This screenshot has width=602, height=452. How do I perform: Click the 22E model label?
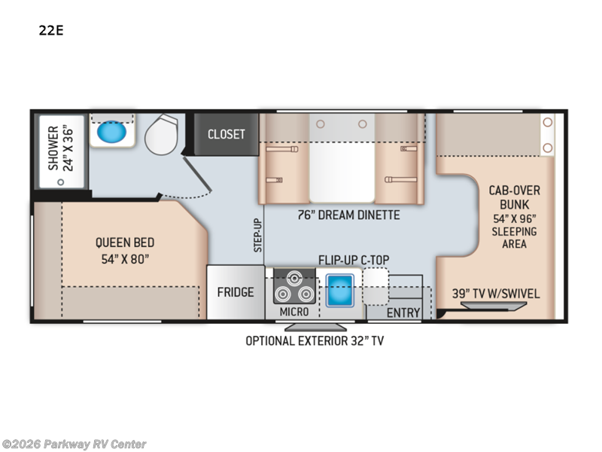point(51,30)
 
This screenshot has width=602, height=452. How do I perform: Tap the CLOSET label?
point(227,134)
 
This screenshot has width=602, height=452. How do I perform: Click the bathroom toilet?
point(161,134)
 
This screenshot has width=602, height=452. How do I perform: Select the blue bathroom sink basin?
point(111,132)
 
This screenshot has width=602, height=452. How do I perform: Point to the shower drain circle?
point(61,182)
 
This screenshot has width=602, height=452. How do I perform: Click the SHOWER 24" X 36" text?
point(60,148)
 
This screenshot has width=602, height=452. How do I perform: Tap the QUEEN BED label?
point(125,243)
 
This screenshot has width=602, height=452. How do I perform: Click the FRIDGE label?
point(236,292)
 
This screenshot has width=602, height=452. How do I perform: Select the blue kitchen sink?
point(340,290)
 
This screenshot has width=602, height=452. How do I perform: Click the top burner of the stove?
point(294,278)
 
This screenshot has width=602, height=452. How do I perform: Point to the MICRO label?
point(293,312)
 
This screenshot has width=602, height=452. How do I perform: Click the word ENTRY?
point(403,313)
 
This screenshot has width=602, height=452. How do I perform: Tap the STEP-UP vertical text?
point(257,235)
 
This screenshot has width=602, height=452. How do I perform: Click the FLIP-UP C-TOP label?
point(354,260)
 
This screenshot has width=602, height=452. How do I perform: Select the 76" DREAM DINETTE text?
point(348,215)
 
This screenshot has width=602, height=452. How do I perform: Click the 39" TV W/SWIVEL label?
point(496,294)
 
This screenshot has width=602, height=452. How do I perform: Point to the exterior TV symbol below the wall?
point(315,327)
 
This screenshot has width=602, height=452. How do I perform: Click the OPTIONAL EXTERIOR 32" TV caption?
point(315,341)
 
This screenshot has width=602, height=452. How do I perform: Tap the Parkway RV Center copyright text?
point(73,444)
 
